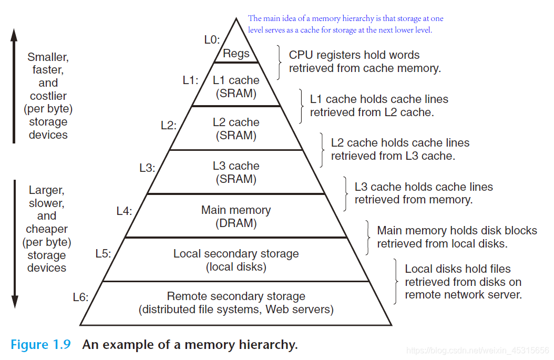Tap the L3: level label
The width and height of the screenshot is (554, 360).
coord(147,168)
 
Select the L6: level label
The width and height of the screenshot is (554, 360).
coord(80,297)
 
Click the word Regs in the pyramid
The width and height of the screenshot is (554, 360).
coord(236,54)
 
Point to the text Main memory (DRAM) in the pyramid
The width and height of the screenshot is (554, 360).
coord(236,217)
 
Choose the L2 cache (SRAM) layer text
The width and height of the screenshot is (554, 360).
coord(236,129)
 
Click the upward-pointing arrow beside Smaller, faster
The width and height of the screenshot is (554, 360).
coord(14,84)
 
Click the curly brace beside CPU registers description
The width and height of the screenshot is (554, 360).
coord(278,61)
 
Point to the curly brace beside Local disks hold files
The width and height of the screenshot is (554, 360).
coord(395,282)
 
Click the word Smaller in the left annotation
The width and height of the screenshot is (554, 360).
coord(48,57)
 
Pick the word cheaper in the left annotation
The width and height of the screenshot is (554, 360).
coord(46,229)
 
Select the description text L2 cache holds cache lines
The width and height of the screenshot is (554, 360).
coord(400,143)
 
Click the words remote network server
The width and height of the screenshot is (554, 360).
coord(463,295)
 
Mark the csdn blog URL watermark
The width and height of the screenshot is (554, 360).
coord(478,351)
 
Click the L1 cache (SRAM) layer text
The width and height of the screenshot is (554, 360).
coord(236,87)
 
